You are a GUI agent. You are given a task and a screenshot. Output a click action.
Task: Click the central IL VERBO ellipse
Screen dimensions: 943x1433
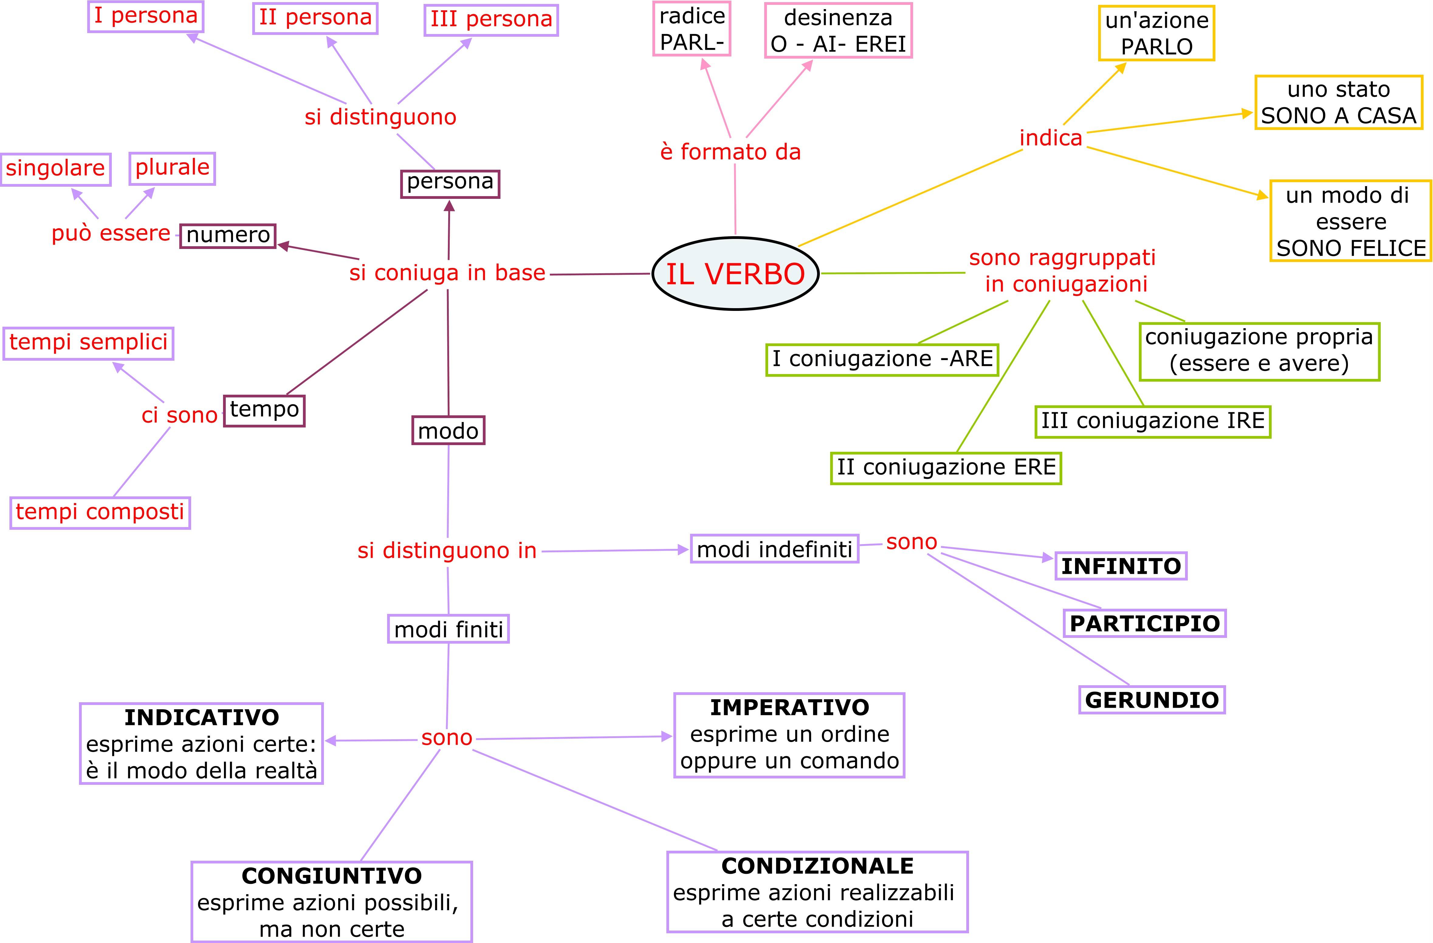coord(735,274)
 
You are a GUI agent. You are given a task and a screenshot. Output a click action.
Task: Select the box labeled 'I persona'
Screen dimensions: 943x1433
coord(146,16)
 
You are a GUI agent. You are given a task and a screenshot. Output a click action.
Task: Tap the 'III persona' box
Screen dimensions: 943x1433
coord(491,20)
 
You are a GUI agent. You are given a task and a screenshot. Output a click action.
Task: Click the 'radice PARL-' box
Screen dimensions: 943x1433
coord(692,29)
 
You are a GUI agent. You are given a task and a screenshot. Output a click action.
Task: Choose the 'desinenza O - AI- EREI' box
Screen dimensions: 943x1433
coord(838,31)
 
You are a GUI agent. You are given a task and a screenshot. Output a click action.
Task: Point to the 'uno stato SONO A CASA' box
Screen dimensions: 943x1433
coord(1338,102)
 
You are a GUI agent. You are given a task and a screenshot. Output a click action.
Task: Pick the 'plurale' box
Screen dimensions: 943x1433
coord(172,168)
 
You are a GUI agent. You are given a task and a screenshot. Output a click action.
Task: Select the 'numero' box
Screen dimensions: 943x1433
coord(228,235)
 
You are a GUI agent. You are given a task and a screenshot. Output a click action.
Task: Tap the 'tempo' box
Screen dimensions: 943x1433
coord(264,410)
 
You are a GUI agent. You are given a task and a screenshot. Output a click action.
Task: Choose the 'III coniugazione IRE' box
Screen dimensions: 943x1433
coord(1153,421)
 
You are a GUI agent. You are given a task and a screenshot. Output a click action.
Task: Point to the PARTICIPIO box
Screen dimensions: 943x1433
coord(1145,623)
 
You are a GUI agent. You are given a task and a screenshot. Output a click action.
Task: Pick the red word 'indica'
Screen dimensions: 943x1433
coord(1051,138)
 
